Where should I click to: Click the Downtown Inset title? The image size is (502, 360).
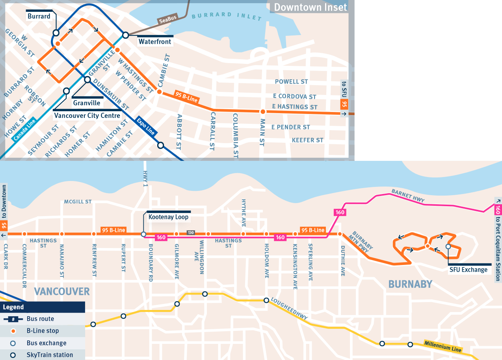pos(310,7)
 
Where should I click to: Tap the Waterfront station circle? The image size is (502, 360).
pos(125,35)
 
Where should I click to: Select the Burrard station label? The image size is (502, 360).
pos(39,16)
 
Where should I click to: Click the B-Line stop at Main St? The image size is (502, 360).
pos(262,112)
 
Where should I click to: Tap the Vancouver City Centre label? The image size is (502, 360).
pos(87,116)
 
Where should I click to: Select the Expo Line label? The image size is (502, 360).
pos(145,126)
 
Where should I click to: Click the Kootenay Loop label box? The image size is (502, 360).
pos(168,217)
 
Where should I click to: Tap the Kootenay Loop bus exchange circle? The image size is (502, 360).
pos(143,234)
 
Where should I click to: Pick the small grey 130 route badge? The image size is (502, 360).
pos(191,233)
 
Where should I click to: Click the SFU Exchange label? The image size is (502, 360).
pos(469,270)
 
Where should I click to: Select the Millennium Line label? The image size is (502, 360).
pos(443,347)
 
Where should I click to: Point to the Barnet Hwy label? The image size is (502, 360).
pos(408,196)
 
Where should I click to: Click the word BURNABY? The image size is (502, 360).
pos(410,284)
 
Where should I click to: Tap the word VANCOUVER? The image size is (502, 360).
pos(62,291)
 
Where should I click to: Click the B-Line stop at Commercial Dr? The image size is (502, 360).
pos(24,234)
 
